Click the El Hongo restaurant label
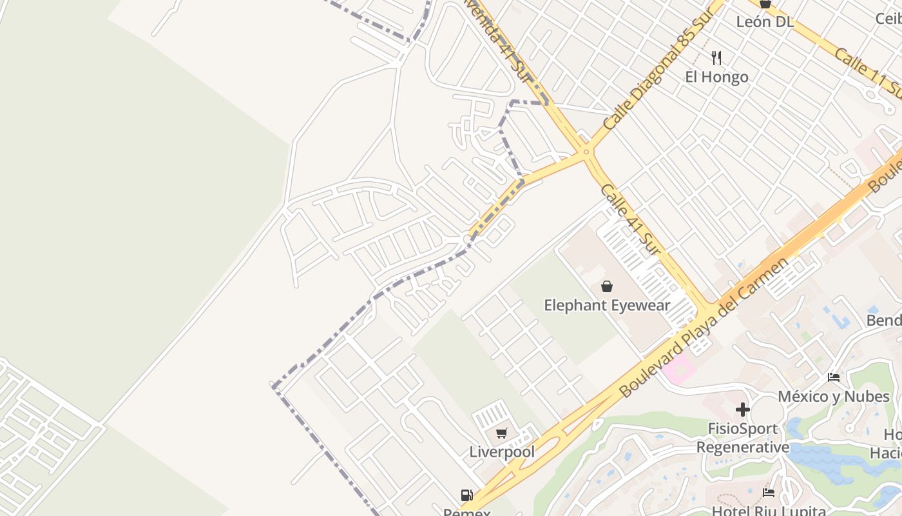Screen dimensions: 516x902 pyautogui.click(x=716, y=77)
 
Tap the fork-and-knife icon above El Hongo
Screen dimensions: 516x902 pyautogui.click(x=716, y=58)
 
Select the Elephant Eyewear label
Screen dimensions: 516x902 pyautogui.click(x=607, y=305)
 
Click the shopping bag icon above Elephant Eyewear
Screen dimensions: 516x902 pyautogui.click(x=607, y=286)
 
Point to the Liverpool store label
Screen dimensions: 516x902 pyautogui.click(x=502, y=451)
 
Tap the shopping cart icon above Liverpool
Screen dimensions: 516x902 pyautogui.click(x=502, y=433)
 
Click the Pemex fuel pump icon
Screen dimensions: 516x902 pyautogui.click(x=467, y=496)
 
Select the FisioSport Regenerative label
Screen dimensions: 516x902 pyautogui.click(x=743, y=438)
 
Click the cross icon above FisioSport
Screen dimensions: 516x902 pyautogui.click(x=743, y=410)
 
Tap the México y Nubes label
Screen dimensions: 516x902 pyautogui.click(x=834, y=396)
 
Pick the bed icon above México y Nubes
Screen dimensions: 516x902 pyautogui.click(x=834, y=377)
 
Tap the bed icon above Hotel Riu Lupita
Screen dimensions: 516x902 pyautogui.click(x=769, y=493)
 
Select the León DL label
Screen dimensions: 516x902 pyautogui.click(x=765, y=21)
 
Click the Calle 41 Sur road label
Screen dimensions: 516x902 pyautogui.click(x=630, y=219)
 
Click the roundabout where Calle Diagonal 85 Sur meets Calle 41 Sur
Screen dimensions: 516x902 pyautogui.click(x=586, y=152)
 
